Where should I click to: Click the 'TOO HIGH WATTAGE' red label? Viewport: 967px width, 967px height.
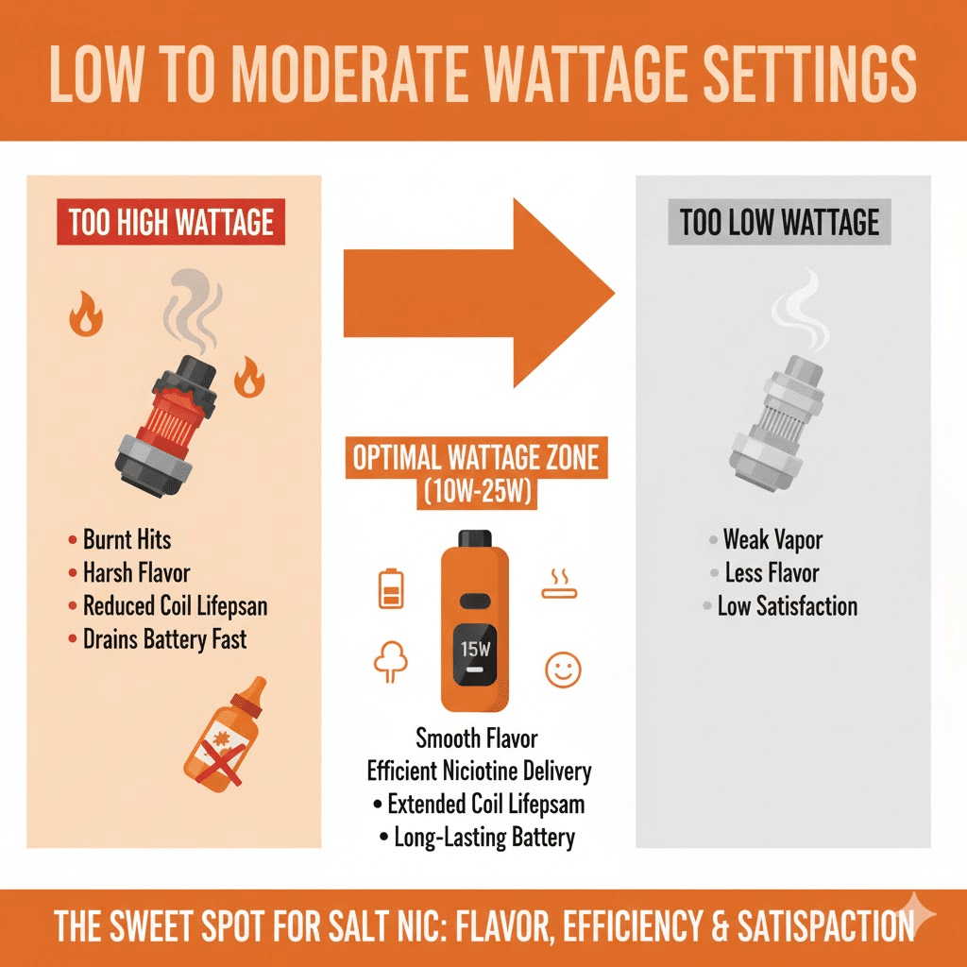171,223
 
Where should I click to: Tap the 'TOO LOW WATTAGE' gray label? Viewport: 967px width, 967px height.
779,223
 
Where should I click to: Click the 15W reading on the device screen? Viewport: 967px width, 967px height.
475,649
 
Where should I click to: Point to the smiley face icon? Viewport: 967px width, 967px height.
561,670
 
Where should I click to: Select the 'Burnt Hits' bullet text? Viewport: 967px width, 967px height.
127,540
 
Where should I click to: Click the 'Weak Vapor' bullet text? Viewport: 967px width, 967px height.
772,540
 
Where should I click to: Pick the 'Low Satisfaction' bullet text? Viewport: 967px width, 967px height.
787,605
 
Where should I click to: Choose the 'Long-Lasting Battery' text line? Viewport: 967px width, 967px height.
484,837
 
